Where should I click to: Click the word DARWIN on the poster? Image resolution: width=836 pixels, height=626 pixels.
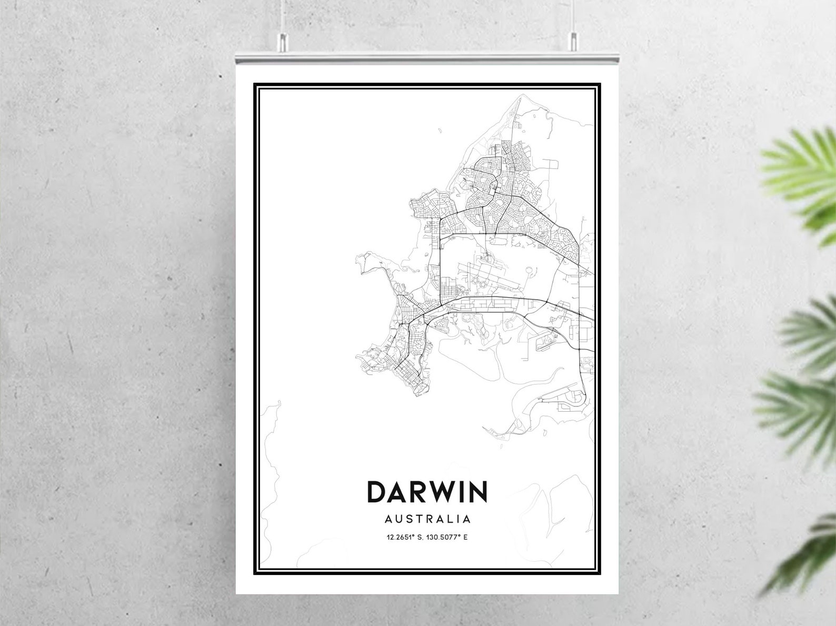point(427,492)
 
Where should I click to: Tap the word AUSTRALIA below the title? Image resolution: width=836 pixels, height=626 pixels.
point(427,519)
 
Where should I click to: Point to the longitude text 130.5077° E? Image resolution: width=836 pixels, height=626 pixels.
point(447,538)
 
